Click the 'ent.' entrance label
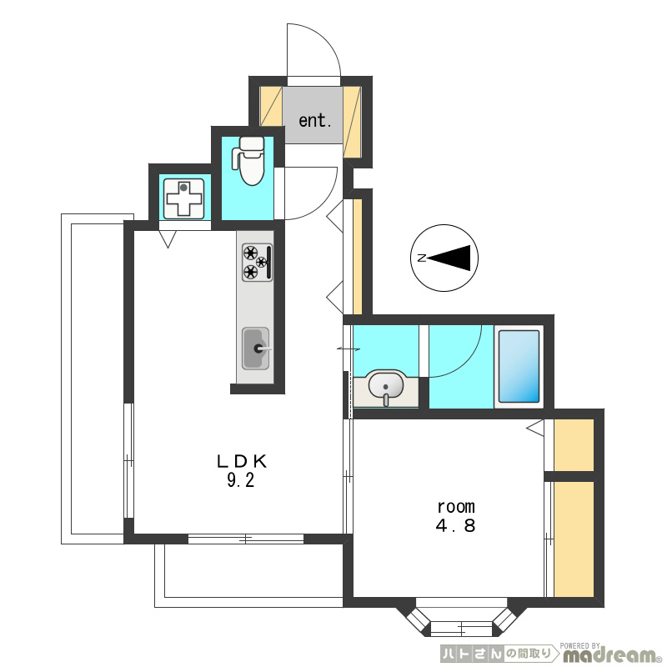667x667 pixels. coord(315,121)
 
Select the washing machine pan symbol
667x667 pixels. coord(183,198)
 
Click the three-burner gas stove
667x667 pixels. coord(258,263)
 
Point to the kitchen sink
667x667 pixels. coord(256,349)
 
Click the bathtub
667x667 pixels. coord(519,367)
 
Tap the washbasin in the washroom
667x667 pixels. coord(386,387)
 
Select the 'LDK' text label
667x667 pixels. coord(242,462)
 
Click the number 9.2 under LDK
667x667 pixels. coord(241,481)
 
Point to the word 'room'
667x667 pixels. coord(456,507)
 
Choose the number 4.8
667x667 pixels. coord(455,526)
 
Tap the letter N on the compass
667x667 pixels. coord(421,258)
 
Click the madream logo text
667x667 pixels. coord(609,655)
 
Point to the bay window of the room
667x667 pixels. coord(462,618)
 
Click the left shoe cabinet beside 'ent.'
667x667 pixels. coord(271,107)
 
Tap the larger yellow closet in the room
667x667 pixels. coord(574,539)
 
